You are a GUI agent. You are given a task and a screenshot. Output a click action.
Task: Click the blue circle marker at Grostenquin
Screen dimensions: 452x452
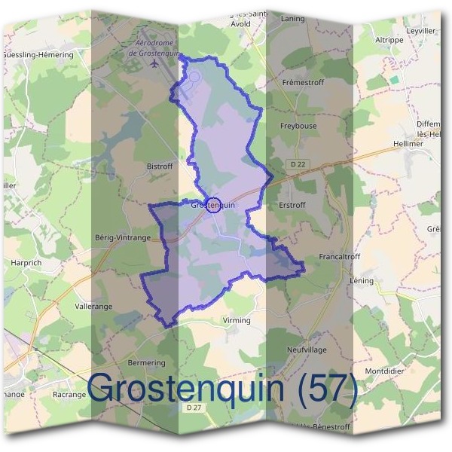[x=213, y=204]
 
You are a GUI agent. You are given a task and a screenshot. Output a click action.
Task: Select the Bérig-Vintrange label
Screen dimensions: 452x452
[x=124, y=237]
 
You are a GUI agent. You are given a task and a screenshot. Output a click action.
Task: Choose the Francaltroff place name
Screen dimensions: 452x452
[x=340, y=256]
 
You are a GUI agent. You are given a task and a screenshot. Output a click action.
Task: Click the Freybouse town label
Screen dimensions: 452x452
[x=298, y=127]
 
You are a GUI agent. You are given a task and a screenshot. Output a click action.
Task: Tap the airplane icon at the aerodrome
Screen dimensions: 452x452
[x=155, y=63]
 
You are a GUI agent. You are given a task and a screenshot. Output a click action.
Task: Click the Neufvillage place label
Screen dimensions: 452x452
[x=306, y=350]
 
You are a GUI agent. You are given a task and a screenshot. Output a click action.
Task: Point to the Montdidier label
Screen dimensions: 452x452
[x=385, y=371]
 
